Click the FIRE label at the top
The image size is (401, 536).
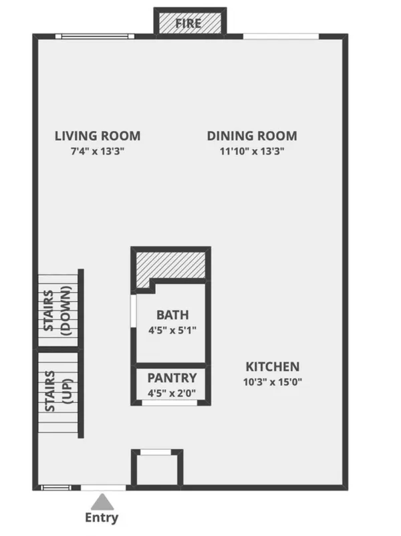(188, 24)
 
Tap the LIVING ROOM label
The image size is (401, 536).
(98, 136)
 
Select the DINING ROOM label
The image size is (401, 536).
(252, 136)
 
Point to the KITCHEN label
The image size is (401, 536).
(273, 367)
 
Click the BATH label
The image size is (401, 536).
(172, 315)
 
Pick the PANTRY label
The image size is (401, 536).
(172, 378)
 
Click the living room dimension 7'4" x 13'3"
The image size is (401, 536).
(98, 151)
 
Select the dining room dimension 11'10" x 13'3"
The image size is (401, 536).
(252, 151)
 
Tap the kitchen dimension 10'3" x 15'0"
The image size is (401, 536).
(273, 382)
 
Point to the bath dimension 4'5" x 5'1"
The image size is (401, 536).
(172, 329)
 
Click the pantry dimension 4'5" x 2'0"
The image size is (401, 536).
(172, 393)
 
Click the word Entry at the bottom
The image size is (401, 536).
(102, 517)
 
